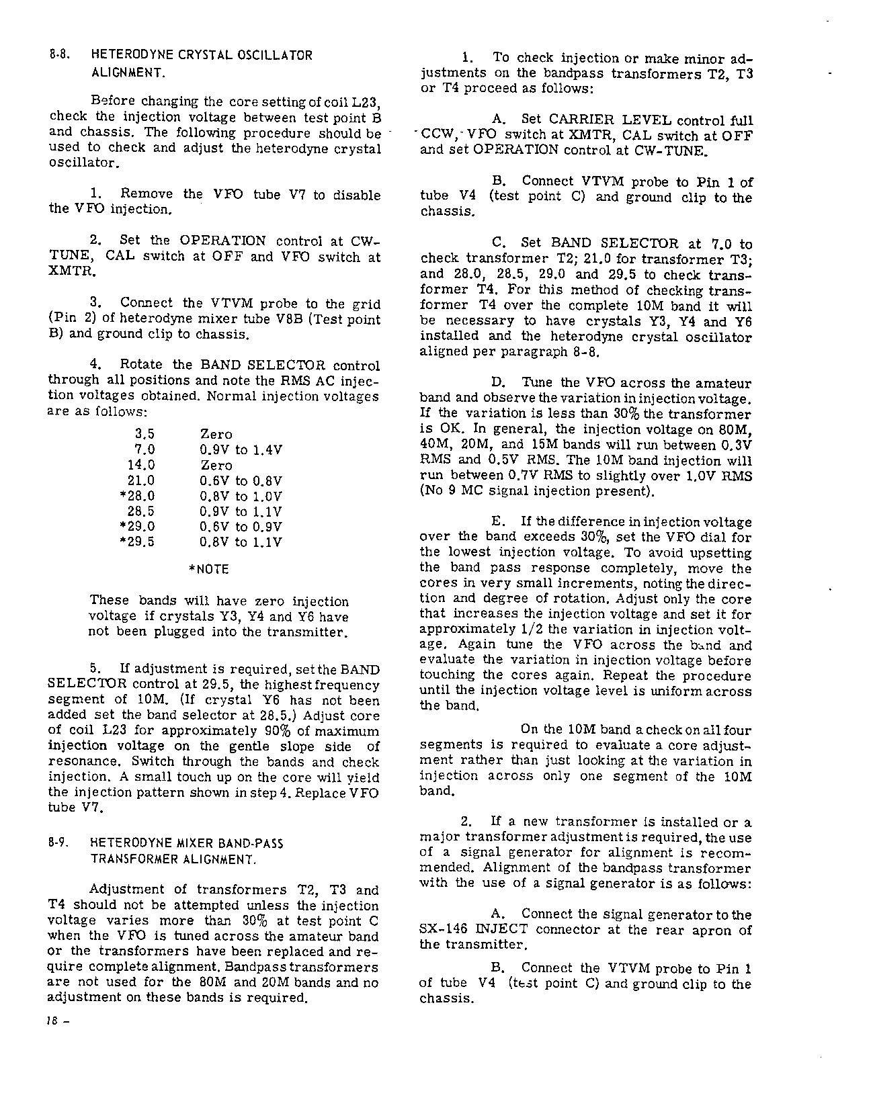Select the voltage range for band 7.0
(241, 450)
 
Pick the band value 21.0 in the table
(141, 480)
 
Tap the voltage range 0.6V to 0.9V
(241, 527)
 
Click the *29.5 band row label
(136, 542)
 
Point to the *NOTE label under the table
(210, 570)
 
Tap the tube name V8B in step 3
(288, 320)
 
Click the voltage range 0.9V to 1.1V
(241, 511)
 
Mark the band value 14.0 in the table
(141, 465)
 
